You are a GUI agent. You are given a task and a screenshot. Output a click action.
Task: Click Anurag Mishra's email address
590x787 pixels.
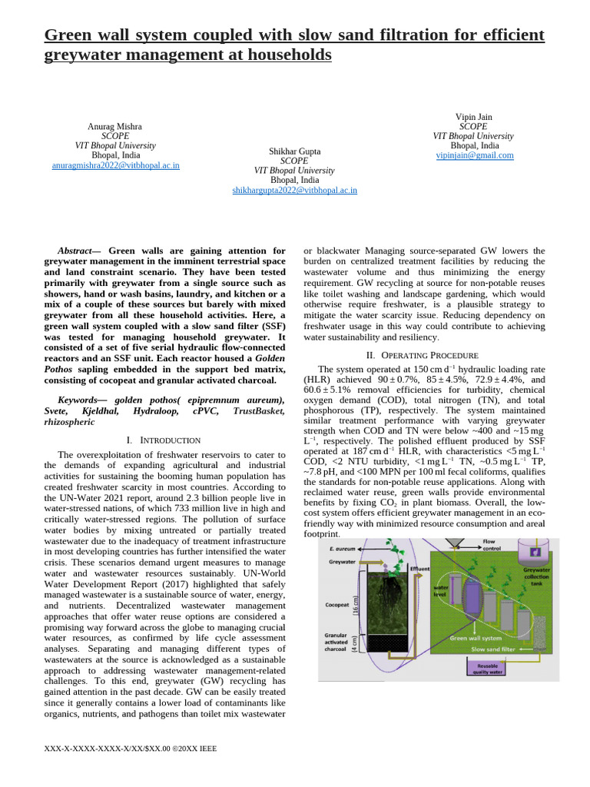[x=115, y=165]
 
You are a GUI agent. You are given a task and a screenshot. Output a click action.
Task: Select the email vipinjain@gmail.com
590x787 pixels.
[x=475, y=155]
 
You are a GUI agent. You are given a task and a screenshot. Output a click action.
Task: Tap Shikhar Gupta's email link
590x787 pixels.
[x=294, y=190]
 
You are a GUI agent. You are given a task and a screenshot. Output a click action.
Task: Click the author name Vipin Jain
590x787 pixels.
[x=474, y=117]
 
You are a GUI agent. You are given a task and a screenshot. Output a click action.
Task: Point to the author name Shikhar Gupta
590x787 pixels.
[x=294, y=151]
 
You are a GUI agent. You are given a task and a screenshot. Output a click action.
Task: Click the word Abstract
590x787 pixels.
[x=74, y=251]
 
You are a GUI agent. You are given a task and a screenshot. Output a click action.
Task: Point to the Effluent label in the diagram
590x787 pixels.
[x=420, y=569]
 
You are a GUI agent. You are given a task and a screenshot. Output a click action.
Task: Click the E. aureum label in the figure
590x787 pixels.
[x=342, y=549]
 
